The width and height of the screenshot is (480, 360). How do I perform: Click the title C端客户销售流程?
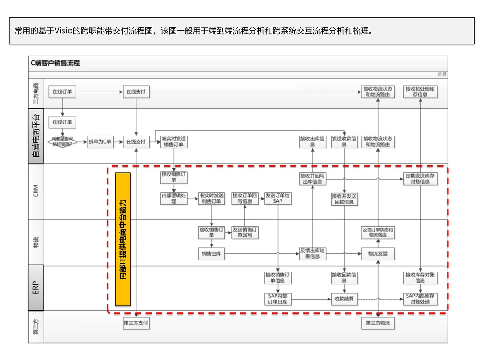[x=55, y=63]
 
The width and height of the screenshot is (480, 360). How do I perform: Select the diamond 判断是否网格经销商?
[x=62, y=142]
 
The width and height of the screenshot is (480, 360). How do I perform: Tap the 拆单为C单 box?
[x=100, y=142]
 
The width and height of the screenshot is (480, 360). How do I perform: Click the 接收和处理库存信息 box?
[x=420, y=92]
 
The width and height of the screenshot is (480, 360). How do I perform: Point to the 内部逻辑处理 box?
[x=174, y=198]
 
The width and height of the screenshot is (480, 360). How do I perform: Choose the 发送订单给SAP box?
[x=278, y=198]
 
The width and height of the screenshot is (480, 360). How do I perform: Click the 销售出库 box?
[x=212, y=254]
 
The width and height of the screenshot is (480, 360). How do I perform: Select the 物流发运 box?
[x=378, y=254]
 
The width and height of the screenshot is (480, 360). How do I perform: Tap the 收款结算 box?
[x=344, y=299]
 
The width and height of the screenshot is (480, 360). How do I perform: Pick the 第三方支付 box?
[x=136, y=323]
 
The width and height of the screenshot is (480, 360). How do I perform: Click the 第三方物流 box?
[x=378, y=323]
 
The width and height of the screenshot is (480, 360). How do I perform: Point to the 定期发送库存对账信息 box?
[x=420, y=179]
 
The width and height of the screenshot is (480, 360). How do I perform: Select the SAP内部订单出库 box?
[x=278, y=299]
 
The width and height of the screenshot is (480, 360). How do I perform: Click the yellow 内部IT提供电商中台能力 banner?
[x=123, y=239]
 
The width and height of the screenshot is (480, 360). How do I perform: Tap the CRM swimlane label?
[x=36, y=191]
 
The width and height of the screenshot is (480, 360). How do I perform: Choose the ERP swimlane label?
[x=36, y=288]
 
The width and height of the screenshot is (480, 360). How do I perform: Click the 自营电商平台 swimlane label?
[x=36, y=136]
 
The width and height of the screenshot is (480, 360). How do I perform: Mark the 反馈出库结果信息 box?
[x=312, y=254]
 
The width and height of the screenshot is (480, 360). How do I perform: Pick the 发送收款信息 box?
[x=344, y=142]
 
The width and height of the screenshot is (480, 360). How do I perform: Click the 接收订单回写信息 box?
[x=245, y=198]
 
